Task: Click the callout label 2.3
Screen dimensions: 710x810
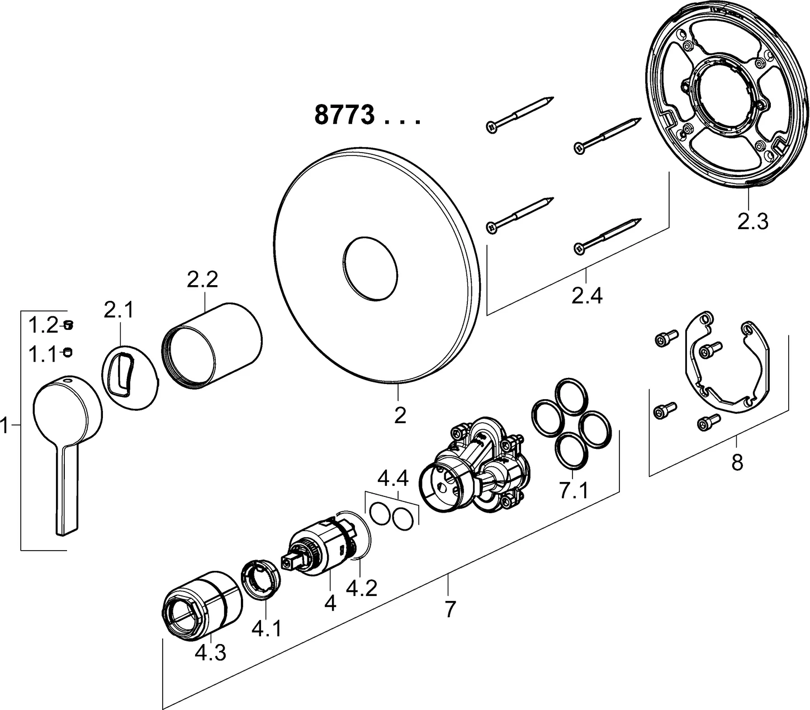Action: click(752, 221)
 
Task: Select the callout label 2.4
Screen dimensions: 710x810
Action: click(587, 295)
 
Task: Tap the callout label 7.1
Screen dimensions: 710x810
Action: click(574, 491)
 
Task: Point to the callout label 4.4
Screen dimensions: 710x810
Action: click(394, 479)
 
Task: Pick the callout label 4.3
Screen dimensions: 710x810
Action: click(211, 652)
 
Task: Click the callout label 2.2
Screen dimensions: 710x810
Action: click(202, 280)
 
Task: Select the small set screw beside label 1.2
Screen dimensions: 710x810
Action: click(69, 325)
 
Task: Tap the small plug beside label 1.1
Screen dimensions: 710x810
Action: click(69, 352)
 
